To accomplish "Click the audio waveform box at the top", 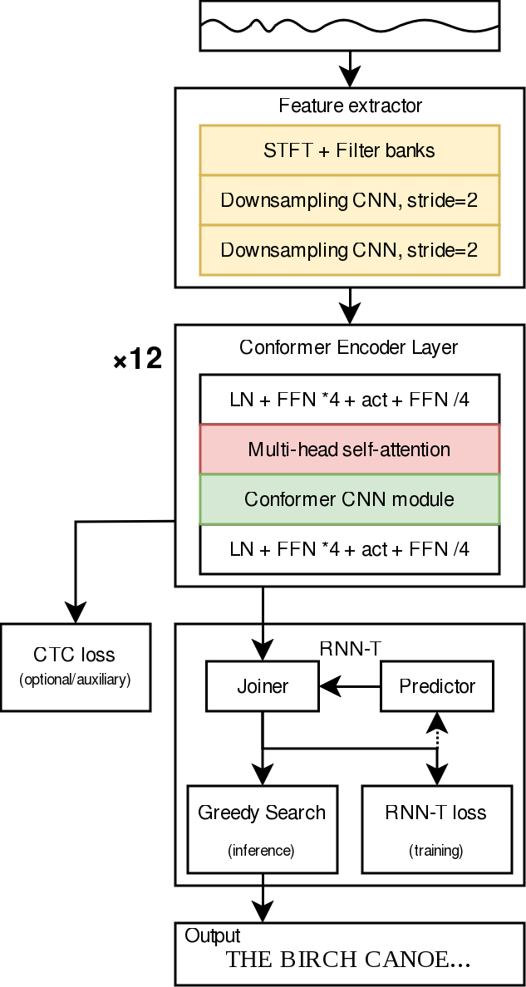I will tap(350, 26).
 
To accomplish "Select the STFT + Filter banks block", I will tap(350, 150).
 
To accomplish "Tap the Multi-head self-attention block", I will tap(350, 449).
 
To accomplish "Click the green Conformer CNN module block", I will tap(350, 499).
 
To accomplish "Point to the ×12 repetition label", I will tap(137, 361).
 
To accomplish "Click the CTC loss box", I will tap(76, 667).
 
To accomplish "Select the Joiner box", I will tap(263, 686).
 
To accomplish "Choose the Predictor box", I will tap(437, 686).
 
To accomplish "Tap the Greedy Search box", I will tap(263, 828).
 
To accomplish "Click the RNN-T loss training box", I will tap(436, 828).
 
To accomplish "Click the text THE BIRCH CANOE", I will tap(349, 960).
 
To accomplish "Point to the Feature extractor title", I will tap(350, 106).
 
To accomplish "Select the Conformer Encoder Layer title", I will tap(349, 347).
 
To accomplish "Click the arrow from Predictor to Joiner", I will tap(350, 686).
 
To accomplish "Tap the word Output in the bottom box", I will tap(213, 935).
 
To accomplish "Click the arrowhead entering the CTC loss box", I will tap(76, 615).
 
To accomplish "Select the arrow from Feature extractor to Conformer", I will tap(350, 305).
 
